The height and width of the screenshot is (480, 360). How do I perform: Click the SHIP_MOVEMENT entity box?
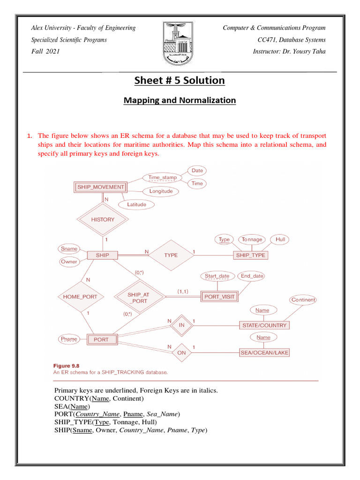tap(101, 187)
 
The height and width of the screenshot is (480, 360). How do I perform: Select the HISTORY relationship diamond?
tap(103, 219)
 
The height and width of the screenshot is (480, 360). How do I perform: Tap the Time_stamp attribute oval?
tap(162, 178)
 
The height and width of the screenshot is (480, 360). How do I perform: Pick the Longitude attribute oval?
tap(161, 191)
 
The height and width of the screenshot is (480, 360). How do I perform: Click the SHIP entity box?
tap(102, 255)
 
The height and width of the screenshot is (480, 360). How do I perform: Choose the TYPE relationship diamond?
tap(171, 255)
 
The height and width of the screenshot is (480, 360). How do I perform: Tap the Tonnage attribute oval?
tap(252, 240)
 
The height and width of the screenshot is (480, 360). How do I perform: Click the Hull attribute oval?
tap(280, 240)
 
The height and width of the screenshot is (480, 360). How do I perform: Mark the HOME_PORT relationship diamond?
tap(80, 296)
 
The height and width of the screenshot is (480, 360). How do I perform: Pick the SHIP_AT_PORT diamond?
tap(137, 298)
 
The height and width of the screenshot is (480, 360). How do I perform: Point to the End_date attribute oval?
tap(252, 276)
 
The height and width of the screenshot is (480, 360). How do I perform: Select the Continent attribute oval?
tap(303, 300)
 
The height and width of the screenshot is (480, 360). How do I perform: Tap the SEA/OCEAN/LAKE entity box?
tap(263, 352)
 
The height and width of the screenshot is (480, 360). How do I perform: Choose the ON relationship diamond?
tap(181, 352)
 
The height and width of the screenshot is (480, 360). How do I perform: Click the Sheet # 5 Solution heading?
tap(180, 81)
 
